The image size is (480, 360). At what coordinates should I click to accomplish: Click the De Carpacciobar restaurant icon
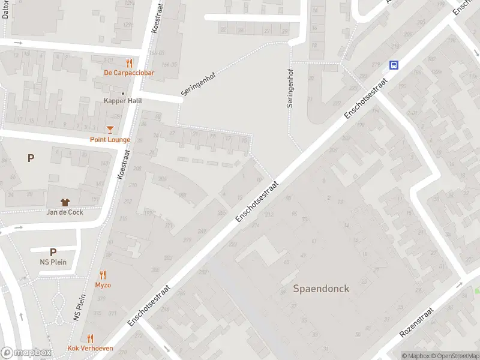(x=129, y=62)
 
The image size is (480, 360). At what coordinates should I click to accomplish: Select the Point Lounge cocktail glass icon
(x=110, y=129)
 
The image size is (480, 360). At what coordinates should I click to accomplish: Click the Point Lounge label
(x=110, y=140)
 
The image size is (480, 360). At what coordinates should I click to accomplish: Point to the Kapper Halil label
(x=122, y=101)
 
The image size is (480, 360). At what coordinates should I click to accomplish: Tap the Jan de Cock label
(x=65, y=212)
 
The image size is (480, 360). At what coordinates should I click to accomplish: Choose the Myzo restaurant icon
(x=103, y=275)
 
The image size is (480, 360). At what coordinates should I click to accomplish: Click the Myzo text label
(x=103, y=285)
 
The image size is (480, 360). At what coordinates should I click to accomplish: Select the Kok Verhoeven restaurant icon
(x=91, y=338)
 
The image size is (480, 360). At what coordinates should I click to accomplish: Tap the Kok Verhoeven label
(x=91, y=349)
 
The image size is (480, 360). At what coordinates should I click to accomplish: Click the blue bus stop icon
(x=394, y=65)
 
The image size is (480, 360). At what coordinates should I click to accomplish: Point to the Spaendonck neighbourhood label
(x=321, y=289)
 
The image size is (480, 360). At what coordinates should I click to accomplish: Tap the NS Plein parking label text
(x=53, y=262)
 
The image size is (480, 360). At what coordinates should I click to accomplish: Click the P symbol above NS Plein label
(x=53, y=253)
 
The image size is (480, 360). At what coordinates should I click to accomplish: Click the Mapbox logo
(x=26, y=352)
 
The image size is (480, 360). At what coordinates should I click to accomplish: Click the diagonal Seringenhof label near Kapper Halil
(x=198, y=85)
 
